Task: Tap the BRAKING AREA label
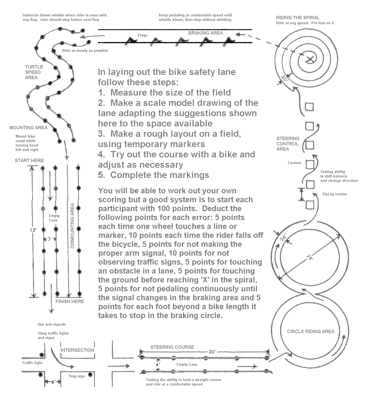click(x=205, y=33)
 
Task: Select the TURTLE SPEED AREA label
click(x=34, y=72)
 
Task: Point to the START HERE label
click(x=29, y=160)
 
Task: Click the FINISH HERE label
click(x=70, y=301)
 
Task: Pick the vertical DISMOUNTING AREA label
click(x=73, y=226)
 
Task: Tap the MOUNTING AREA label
click(x=28, y=128)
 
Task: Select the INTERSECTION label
click(x=77, y=350)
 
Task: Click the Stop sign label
click(x=77, y=376)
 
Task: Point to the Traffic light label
click(x=32, y=363)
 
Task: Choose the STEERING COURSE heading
click(x=172, y=347)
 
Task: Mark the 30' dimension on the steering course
click(x=212, y=352)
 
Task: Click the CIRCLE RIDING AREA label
click(x=311, y=331)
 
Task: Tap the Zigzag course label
click(x=334, y=194)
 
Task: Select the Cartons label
click(x=294, y=163)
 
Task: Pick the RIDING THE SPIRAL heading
click(x=298, y=18)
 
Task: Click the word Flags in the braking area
click(x=142, y=35)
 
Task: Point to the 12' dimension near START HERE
click(x=33, y=230)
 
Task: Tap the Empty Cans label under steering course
click(x=187, y=364)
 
